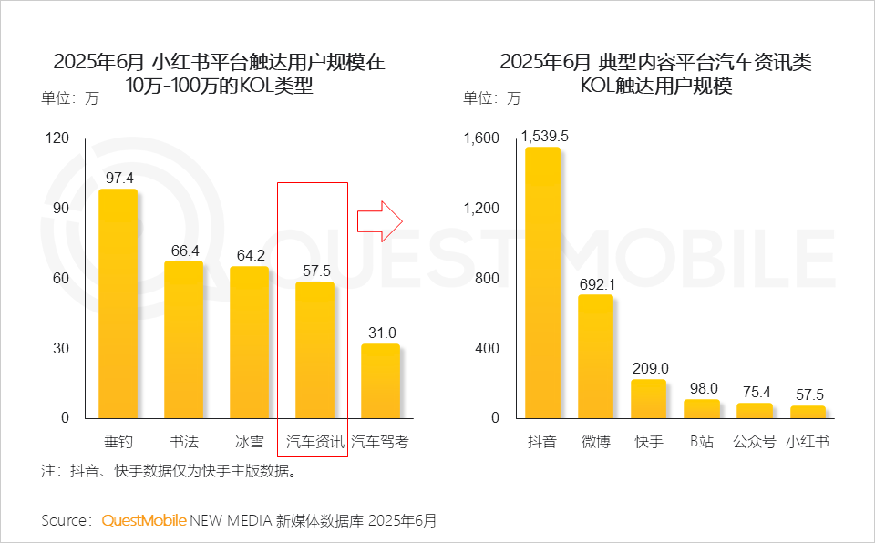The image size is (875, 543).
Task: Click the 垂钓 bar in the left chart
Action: pos(118,303)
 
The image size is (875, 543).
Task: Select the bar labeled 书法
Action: pos(183,339)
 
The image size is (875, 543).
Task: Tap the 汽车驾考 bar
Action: pos(380,381)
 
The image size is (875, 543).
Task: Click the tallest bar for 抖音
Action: pos(542,282)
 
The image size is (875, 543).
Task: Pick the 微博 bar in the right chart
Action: pos(595,356)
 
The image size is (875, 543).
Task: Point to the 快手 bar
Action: pos(649,398)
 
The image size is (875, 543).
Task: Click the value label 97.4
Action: pos(118,178)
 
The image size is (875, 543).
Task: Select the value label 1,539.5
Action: pos(545,136)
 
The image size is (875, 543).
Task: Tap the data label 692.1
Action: pos(597,284)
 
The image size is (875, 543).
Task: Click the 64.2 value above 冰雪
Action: pos(249,255)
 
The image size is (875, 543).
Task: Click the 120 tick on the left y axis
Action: pos(57,138)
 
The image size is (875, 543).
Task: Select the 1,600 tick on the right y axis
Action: pos(481,138)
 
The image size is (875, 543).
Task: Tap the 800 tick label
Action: pos(488,278)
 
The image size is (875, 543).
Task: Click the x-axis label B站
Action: pos(701,442)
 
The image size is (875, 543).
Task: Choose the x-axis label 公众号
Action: pos(754,442)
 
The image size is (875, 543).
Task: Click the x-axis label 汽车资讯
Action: pos(314,442)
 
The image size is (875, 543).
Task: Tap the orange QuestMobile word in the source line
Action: pos(144,520)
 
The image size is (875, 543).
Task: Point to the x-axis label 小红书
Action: pos(808,442)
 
